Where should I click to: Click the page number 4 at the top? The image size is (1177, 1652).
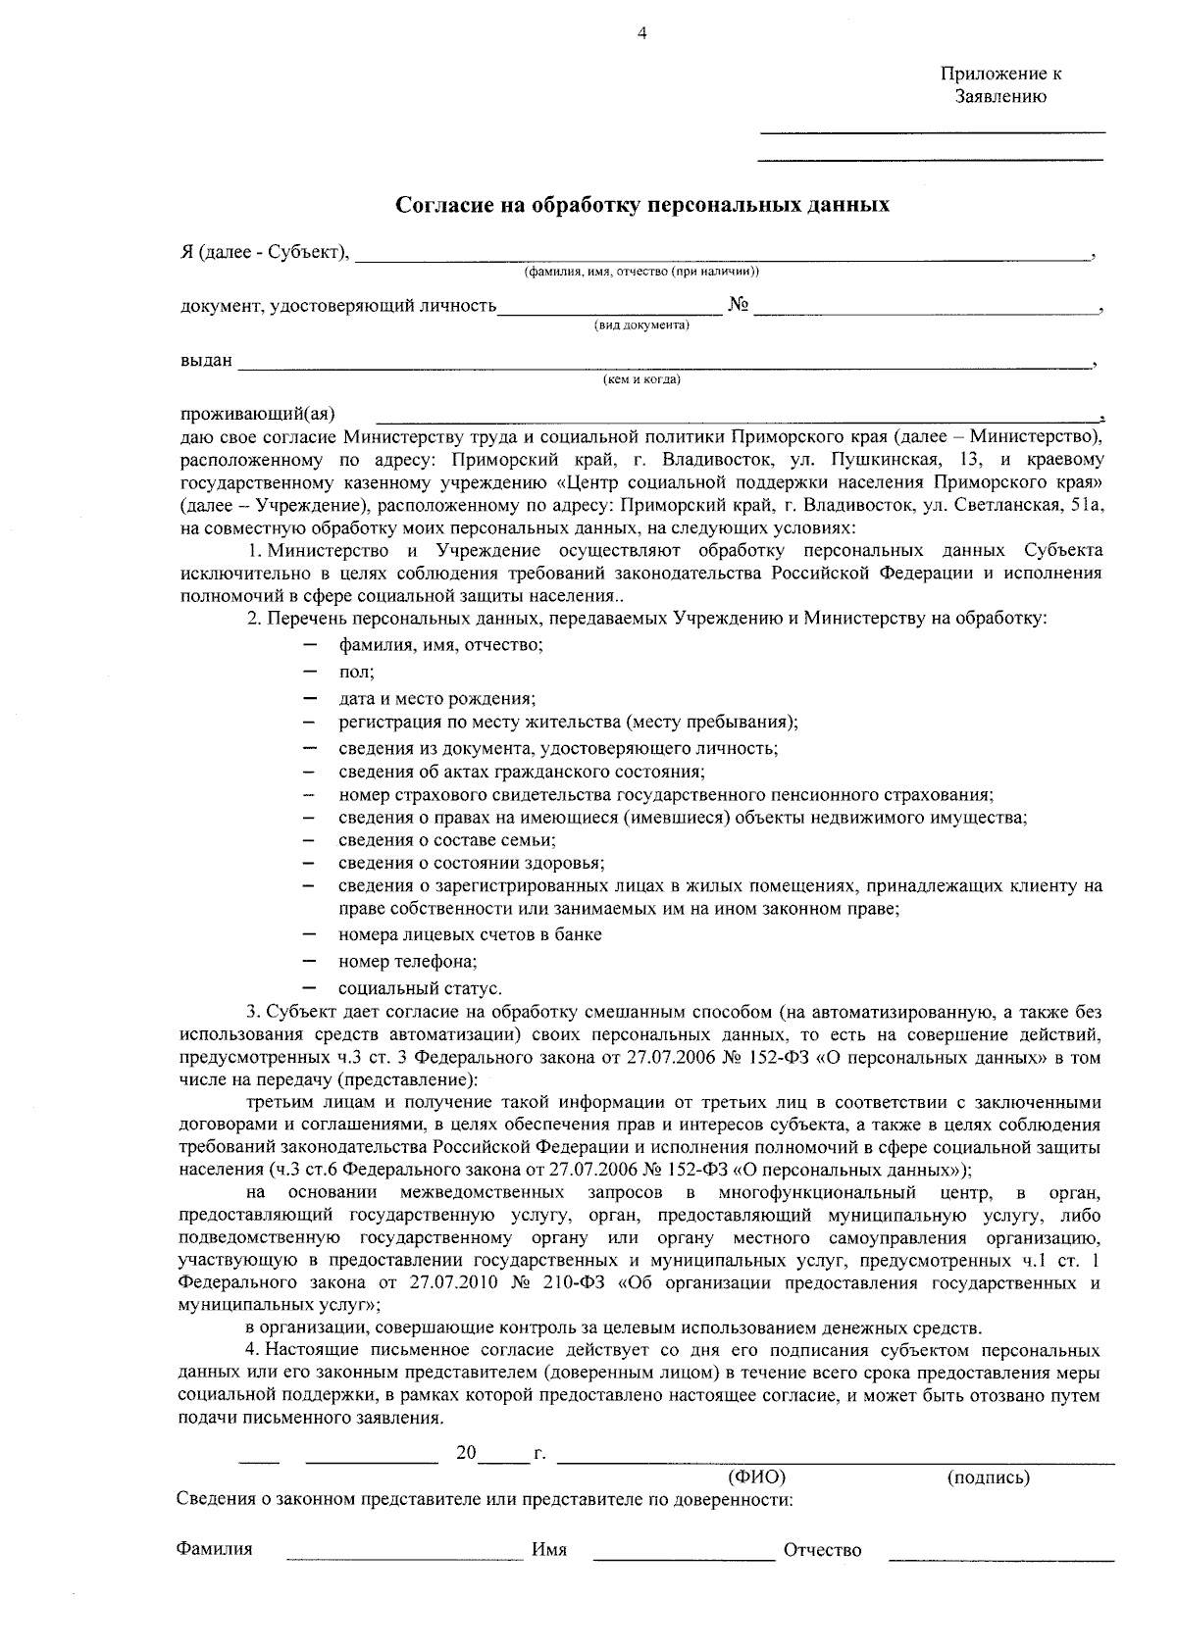pos(642,33)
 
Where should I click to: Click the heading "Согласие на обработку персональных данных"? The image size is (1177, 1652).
pos(642,205)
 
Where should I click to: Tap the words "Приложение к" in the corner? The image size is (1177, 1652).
pos(1000,74)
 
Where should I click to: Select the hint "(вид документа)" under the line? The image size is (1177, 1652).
pos(641,325)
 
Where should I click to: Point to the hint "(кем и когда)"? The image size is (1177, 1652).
pos(641,379)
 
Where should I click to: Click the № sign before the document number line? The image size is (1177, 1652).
pos(739,305)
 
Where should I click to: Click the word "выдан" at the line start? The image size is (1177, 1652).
pos(206,360)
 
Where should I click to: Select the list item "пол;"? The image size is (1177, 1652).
pos(356,673)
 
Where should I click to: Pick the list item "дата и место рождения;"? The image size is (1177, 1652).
pos(436,698)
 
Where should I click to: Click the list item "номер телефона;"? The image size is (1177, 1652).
pos(408,962)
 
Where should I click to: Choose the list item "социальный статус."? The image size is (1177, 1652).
pos(420,987)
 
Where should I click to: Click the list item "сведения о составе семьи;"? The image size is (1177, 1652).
pos(447,840)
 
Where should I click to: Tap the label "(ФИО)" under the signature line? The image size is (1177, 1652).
pos(756,1477)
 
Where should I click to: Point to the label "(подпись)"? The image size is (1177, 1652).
pos(988,1477)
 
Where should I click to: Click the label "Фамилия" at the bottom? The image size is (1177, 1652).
pos(214,1549)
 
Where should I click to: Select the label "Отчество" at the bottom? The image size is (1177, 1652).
pos(822,1550)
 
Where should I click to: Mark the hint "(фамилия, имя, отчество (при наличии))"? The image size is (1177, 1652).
pos(641,271)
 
